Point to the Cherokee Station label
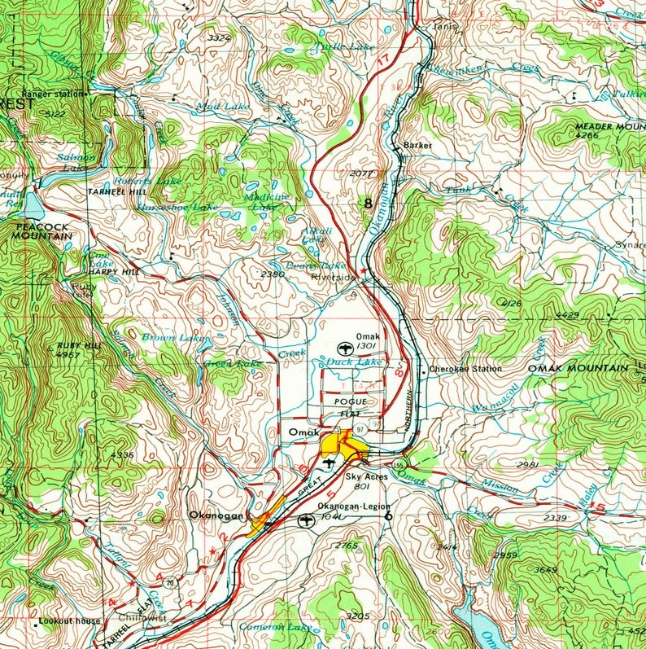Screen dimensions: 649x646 click(x=465, y=369)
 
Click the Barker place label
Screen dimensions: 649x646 click(x=417, y=145)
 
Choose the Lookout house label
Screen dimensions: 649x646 click(x=72, y=621)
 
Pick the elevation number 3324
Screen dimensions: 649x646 click(x=219, y=38)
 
